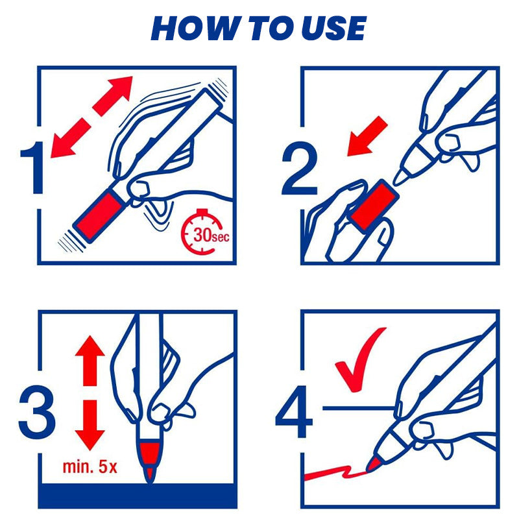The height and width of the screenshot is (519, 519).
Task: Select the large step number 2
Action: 300,167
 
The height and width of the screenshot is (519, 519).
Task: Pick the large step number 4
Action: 294,412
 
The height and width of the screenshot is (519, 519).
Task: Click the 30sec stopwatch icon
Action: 204,232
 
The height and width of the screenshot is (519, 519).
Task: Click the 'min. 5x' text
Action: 90,466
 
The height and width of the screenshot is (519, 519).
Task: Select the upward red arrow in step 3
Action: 90,361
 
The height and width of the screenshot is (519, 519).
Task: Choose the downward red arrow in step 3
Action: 90,425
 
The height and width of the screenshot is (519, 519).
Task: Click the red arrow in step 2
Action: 367,136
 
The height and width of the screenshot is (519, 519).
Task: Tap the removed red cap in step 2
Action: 374,205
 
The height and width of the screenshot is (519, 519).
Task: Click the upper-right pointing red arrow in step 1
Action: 112,96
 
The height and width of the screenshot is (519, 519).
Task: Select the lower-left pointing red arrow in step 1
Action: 71,138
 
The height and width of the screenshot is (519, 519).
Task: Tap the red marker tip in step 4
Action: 374,463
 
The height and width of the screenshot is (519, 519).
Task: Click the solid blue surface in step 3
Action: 138,496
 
